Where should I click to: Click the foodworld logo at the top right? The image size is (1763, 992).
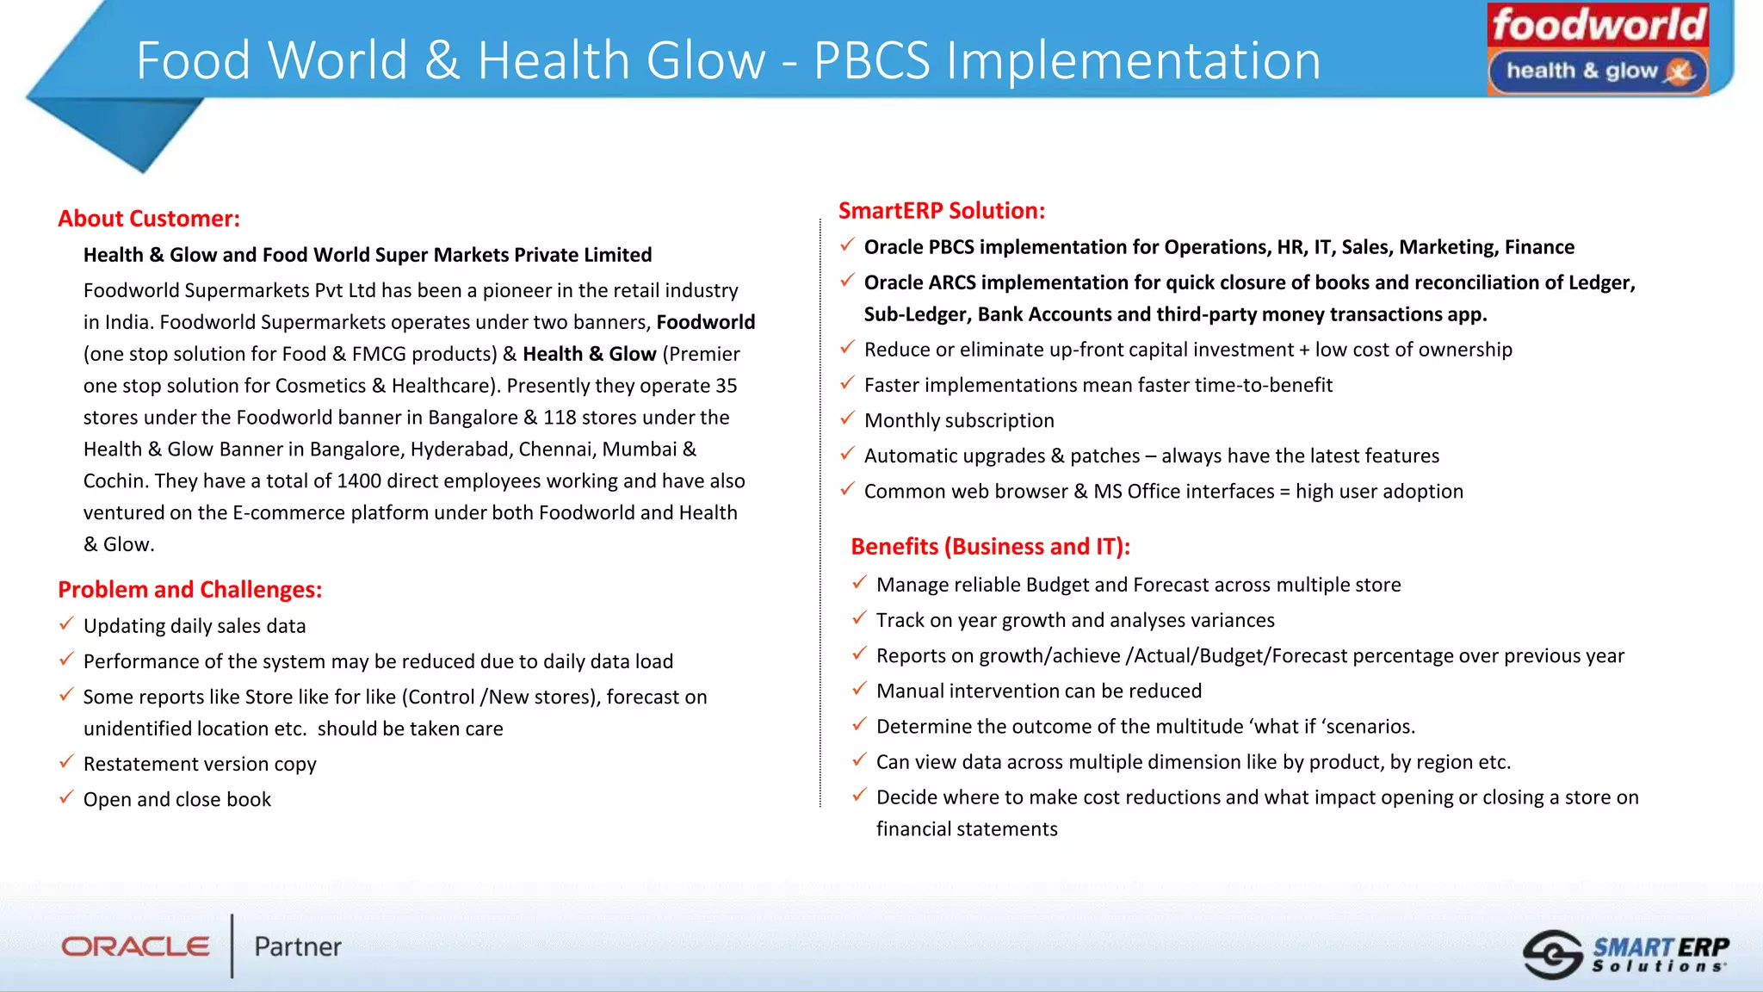[x=1598, y=24]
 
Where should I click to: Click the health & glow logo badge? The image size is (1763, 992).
[x=1598, y=71]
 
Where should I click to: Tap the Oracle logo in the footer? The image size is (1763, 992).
[x=135, y=946]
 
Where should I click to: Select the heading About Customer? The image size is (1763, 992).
[x=149, y=219]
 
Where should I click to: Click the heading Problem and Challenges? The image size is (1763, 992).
[x=189, y=590]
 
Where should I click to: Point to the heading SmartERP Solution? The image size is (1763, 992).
[x=942, y=211]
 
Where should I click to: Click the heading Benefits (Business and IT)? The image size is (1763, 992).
[x=990, y=547]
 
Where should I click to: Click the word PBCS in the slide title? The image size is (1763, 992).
[x=871, y=61]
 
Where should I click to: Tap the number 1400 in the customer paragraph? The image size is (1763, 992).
[x=360, y=481]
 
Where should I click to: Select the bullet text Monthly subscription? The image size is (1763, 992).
[x=959, y=421]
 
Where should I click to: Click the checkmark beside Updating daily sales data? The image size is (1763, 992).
[x=66, y=624]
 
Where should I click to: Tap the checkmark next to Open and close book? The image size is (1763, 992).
[x=66, y=797]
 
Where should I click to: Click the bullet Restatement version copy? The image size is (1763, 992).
[x=200, y=765]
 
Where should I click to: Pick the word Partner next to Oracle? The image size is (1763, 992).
[x=298, y=947]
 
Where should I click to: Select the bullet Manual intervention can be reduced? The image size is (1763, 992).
[x=1038, y=691]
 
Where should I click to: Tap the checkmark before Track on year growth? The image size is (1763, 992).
[x=859, y=618]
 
